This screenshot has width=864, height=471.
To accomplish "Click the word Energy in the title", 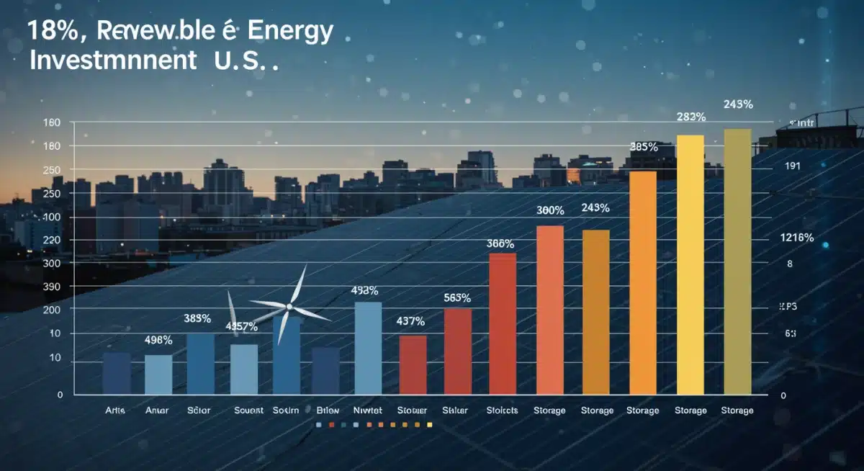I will click(290, 32).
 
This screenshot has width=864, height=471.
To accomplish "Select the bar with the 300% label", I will click(550, 310).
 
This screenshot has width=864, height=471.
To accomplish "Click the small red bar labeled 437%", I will click(413, 364).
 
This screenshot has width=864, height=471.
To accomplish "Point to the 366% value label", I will click(500, 244).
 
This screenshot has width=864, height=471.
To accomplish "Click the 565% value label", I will click(457, 297).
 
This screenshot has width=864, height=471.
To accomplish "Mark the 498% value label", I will click(158, 340).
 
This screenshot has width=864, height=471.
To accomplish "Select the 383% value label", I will click(197, 318).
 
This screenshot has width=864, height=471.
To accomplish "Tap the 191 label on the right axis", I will click(791, 166).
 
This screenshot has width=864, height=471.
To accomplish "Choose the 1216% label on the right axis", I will click(796, 238).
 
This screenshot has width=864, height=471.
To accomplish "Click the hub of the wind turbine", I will click(289, 308).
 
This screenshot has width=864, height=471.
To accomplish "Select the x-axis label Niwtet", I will click(368, 411).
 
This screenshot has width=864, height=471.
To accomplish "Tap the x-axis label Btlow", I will click(327, 411).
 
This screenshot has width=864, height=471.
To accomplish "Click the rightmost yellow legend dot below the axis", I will click(430, 426).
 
